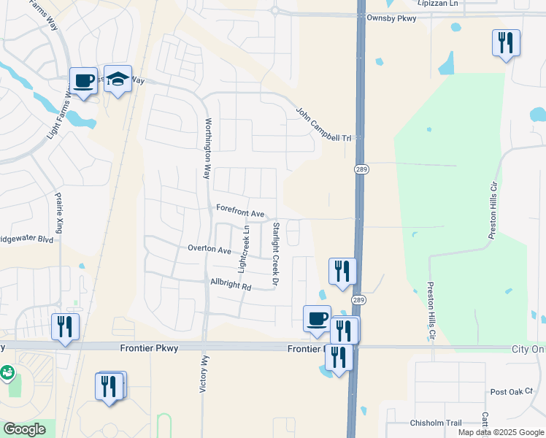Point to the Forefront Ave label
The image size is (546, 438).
[x=240, y=212]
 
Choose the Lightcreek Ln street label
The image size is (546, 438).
[x=245, y=250]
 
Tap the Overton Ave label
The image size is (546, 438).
[x=209, y=249]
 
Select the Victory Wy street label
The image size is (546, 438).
[x=204, y=374]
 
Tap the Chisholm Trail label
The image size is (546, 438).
[x=437, y=423]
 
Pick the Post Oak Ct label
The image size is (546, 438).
[x=512, y=392]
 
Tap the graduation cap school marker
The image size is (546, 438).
[x=117, y=79]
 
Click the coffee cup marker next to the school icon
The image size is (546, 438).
[x=83, y=81]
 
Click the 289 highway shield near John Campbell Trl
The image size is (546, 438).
[x=361, y=169]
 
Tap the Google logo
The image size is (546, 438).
[x=25, y=429]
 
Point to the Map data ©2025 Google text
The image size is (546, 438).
[x=500, y=432]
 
